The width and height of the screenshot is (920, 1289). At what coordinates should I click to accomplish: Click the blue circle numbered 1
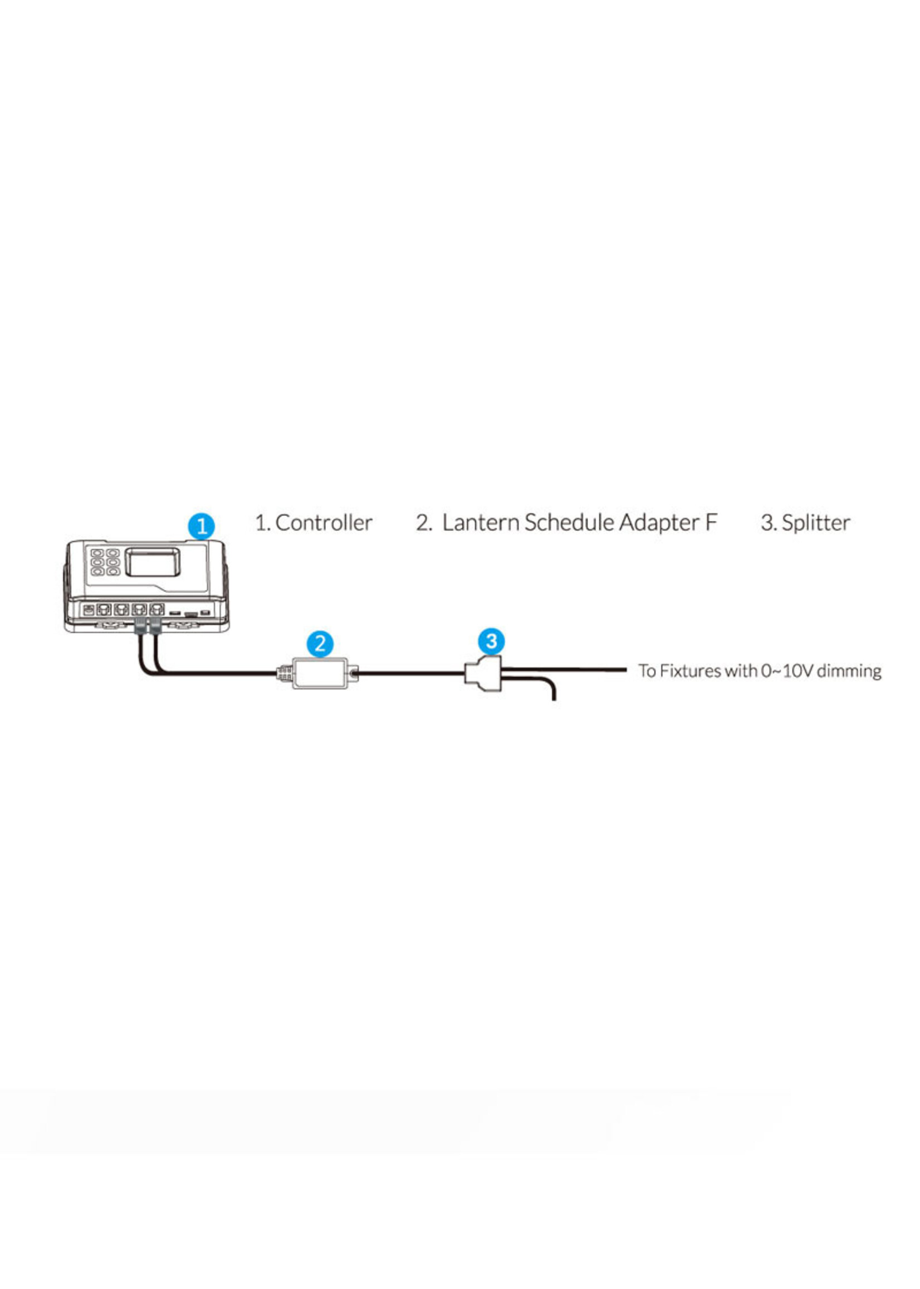[x=201, y=526]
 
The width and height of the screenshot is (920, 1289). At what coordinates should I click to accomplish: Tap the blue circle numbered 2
[x=320, y=644]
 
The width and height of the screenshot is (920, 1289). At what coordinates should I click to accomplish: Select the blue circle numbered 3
[x=491, y=641]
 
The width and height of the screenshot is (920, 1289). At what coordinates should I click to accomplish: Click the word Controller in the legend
[x=324, y=523]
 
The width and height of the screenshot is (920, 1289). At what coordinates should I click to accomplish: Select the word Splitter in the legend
[x=816, y=523]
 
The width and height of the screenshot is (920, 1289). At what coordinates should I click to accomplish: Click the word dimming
[x=849, y=671]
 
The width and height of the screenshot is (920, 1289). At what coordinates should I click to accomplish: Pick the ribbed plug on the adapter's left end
[x=285, y=673]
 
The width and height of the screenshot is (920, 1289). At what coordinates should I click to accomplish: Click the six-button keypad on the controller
[x=105, y=562]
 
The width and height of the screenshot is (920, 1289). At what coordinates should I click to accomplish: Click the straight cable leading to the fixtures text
[x=566, y=669]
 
